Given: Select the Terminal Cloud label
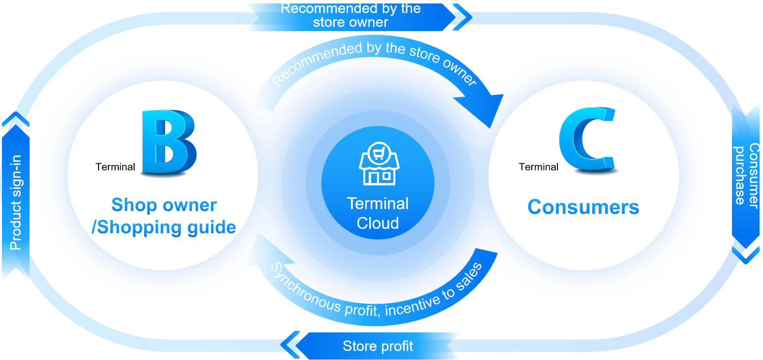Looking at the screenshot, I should click(378, 213).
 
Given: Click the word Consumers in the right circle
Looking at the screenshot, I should click(583, 207).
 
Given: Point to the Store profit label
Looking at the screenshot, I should click(378, 346).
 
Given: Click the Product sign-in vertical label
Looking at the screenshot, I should click(16, 202).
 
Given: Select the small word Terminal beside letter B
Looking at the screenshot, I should click(115, 167).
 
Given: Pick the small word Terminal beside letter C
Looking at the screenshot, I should click(538, 167).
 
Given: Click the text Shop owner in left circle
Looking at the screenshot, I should click(164, 205).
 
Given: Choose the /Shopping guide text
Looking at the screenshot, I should click(164, 227).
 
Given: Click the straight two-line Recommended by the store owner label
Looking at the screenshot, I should click(350, 15).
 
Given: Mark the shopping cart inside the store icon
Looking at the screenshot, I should click(378, 154).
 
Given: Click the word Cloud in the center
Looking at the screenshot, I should click(378, 223).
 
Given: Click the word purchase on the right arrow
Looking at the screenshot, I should click(740, 176).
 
